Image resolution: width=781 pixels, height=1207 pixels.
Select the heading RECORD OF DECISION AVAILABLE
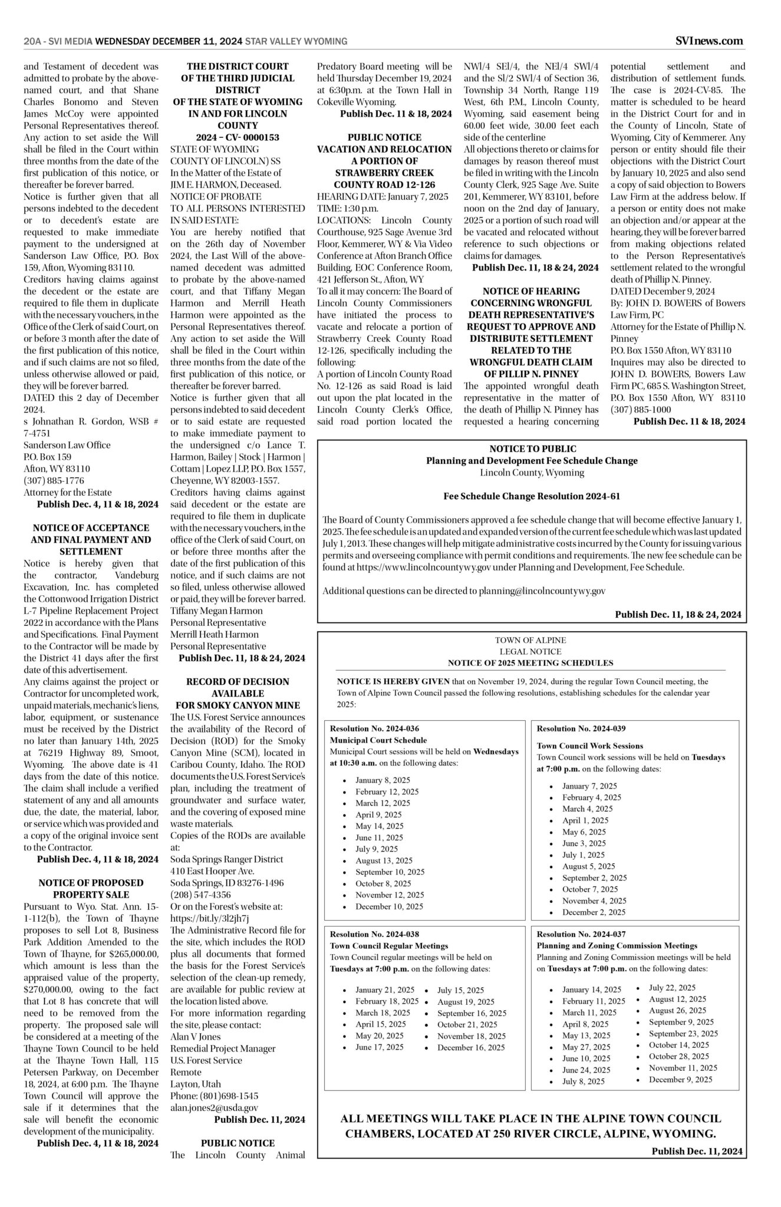coord(238,687)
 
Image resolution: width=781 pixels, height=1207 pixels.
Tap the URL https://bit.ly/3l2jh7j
coord(210,918)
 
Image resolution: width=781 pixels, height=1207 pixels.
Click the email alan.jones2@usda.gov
coord(214,1107)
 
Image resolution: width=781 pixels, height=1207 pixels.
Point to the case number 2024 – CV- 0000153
coord(238,137)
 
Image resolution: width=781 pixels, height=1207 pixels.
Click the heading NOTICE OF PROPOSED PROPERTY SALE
coord(91,889)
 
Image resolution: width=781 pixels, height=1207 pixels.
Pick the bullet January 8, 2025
coord(383,780)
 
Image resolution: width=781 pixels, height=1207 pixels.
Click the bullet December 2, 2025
coord(594,912)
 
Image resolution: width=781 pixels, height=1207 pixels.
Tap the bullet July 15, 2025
coord(460,990)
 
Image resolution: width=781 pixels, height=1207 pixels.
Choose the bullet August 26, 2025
coord(677,1010)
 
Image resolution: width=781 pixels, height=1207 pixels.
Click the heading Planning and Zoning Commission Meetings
coord(617,945)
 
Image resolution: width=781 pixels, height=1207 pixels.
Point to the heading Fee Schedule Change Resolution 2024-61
coord(532,496)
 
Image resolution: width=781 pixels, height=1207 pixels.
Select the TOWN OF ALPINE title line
coord(530,640)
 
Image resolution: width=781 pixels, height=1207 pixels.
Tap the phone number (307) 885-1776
coord(54,480)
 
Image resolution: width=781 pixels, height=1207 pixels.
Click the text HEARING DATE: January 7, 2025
coord(383,196)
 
